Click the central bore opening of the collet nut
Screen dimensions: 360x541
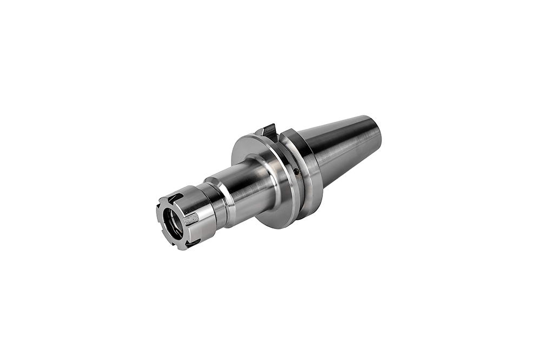172,221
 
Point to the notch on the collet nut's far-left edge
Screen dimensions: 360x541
159,210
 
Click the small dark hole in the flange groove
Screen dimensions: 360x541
296,172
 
